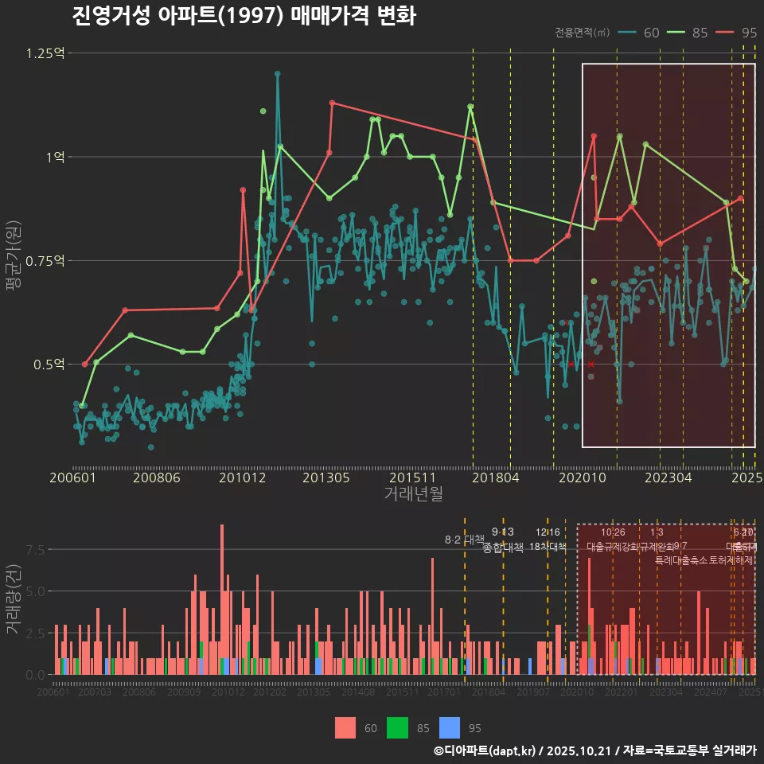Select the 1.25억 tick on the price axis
pyautogui.click(x=46, y=53)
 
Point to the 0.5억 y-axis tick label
pyautogui.click(x=49, y=364)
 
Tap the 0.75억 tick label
pyautogui.click(x=46, y=261)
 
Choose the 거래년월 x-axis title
pyautogui.click(x=413, y=493)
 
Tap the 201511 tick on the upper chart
pyautogui.click(x=411, y=477)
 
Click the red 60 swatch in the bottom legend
pyautogui.click(x=345, y=727)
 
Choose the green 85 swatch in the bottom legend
pyautogui.click(x=397, y=727)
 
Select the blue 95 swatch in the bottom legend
pyautogui.click(x=450, y=727)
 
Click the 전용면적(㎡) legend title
pyautogui.click(x=583, y=33)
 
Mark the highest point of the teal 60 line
pyautogui.click(x=277, y=74)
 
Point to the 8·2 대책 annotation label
pyautogui.click(x=464, y=540)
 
